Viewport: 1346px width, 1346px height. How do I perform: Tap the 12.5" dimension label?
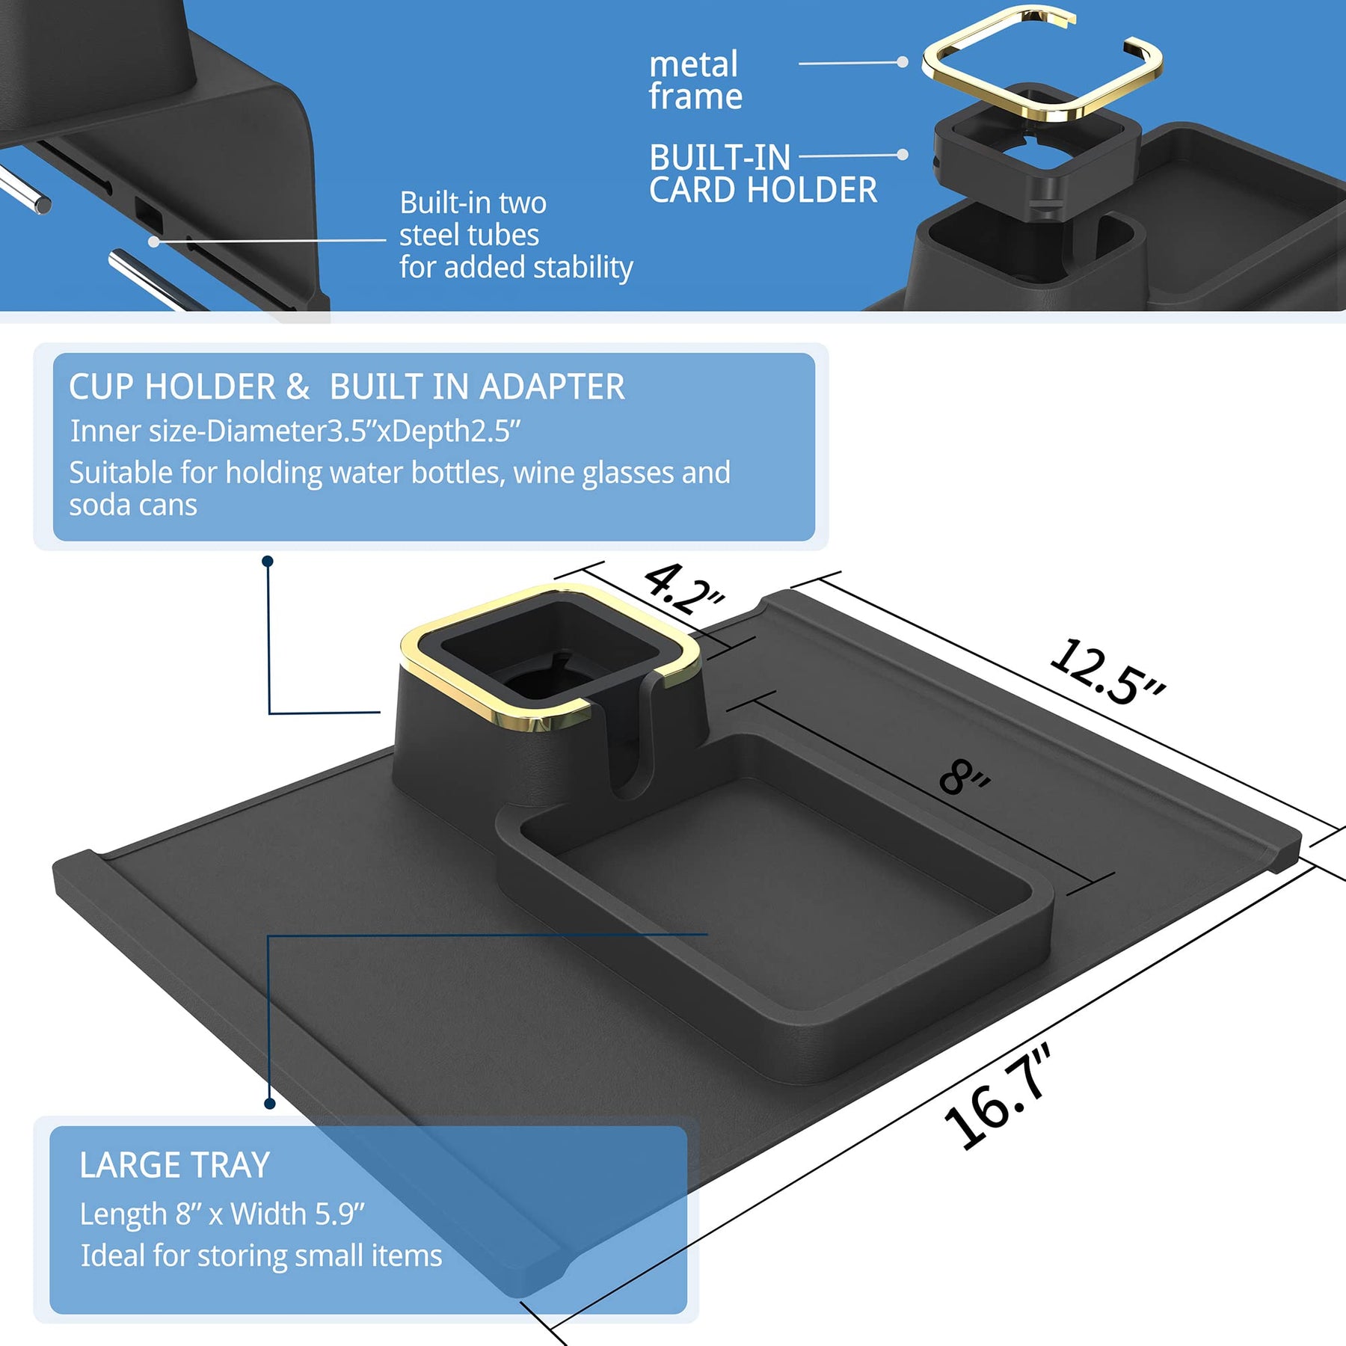(x=1107, y=672)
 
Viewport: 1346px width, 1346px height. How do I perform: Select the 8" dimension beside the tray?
(x=965, y=777)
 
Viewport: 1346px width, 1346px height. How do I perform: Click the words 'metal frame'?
(x=695, y=80)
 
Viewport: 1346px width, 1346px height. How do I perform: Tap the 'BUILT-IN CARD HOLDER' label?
(x=763, y=173)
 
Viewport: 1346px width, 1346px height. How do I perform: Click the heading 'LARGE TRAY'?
(x=174, y=1165)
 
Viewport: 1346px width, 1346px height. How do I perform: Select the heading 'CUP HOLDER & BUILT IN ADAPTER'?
(x=347, y=387)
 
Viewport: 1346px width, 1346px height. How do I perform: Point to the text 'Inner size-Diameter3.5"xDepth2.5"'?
(x=295, y=431)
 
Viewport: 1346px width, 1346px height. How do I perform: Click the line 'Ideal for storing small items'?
(x=261, y=1256)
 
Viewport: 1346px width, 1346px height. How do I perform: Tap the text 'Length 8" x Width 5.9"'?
(x=222, y=1214)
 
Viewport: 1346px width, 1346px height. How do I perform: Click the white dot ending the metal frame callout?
(x=903, y=62)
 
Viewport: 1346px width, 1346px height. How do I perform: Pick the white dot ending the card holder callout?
(x=903, y=155)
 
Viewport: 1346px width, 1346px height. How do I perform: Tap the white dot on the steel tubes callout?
(x=153, y=242)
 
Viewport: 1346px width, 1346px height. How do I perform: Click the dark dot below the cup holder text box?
(x=268, y=561)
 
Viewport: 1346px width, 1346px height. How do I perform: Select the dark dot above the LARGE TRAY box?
(x=270, y=1104)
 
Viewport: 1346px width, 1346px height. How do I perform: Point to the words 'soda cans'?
(x=133, y=505)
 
